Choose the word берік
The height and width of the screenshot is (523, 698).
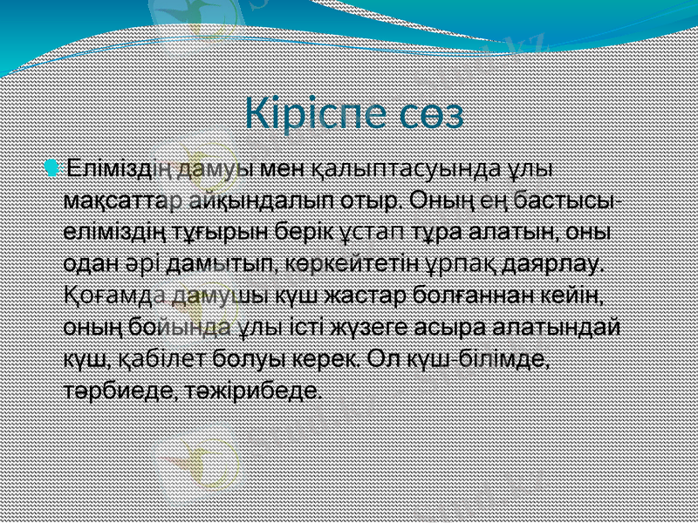pyautogui.click(x=302, y=233)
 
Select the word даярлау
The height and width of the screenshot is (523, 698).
pyautogui.click(x=551, y=264)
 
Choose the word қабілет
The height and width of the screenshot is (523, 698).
pyautogui.click(x=154, y=359)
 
